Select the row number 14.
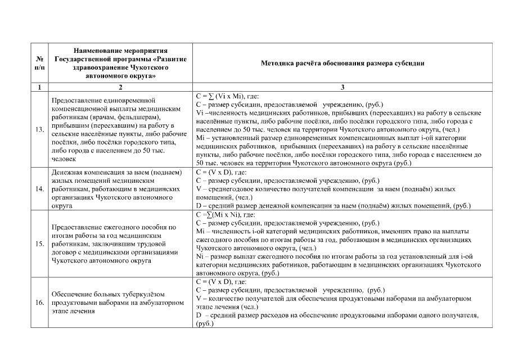pyautogui.click(x=39, y=188)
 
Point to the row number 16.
pyautogui.click(x=39, y=303)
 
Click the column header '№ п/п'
pyautogui.click(x=39, y=63)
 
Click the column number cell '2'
pyautogui.click(x=119, y=87)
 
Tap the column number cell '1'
pyautogui.click(x=39, y=87)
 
